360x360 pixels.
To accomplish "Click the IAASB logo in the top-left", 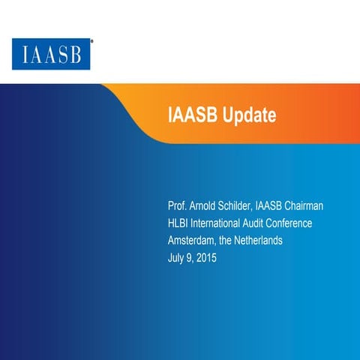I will [x=53, y=55].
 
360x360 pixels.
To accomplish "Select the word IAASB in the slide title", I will [x=191, y=115].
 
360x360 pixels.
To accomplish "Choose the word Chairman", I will [x=324, y=205].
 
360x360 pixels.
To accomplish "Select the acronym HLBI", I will [x=181, y=223].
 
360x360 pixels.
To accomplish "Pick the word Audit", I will [x=271, y=223].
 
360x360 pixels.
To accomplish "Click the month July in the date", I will [x=178, y=259].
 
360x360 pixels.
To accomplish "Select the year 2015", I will [x=211, y=259].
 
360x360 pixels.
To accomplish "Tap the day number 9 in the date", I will [x=193, y=259].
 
